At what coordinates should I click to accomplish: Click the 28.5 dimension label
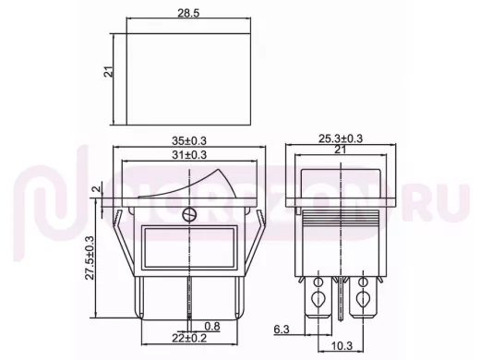point(188,13)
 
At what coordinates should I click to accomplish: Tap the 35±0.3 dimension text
point(189,140)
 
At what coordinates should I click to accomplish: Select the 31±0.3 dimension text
point(189,155)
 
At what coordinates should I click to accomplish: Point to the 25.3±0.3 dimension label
point(341,138)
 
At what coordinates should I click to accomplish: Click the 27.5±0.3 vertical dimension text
point(90,258)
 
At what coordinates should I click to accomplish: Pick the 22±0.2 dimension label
point(189,338)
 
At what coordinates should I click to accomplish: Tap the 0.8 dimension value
point(212,326)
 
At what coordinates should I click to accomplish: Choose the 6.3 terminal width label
point(282,330)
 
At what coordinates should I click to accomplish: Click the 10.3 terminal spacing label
point(342,346)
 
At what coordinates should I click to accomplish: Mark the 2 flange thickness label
point(97,188)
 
